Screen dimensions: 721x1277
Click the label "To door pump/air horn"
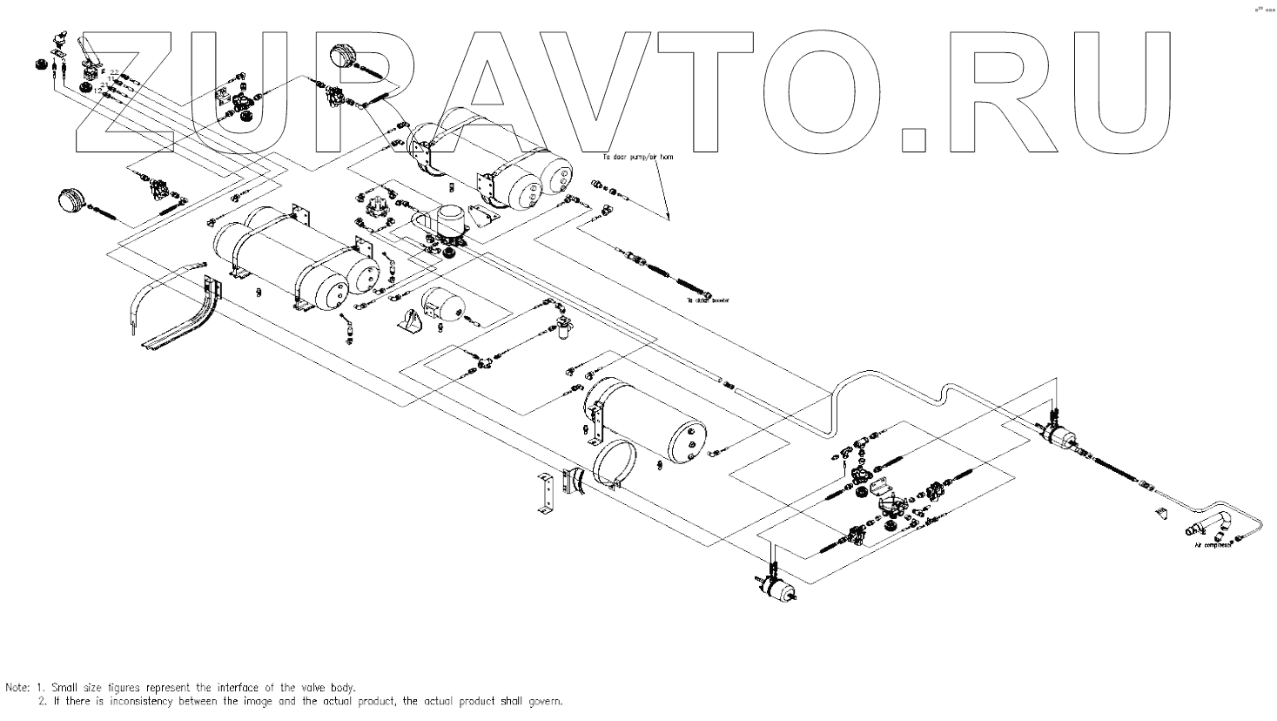tap(638, 158)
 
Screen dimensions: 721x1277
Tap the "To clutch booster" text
tap(706, 300)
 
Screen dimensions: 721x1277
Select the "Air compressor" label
tap(1213, 545)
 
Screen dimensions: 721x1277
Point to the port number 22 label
tap(114, 72)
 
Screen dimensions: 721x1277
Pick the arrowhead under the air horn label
tap(668, 215)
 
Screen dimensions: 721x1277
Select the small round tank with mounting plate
tap(443, 306)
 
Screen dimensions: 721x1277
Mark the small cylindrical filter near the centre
tap(561, 329)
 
